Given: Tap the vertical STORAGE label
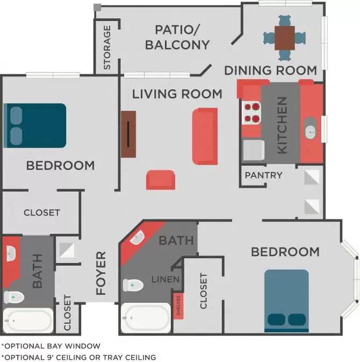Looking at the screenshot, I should [107, 47].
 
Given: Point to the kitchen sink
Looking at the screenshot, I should [311, 131].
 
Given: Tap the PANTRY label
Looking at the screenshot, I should [263, 175].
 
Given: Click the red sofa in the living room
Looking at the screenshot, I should [205, 136].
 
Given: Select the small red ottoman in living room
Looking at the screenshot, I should [160, 180].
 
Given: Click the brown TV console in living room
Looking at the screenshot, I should [128, 134].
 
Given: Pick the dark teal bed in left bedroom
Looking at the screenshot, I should [35, 125].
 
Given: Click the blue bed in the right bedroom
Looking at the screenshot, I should [286, 301].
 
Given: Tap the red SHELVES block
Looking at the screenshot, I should [177, 306].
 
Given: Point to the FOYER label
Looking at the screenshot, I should [101, 273].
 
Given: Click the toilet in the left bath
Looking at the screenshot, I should [15, 296].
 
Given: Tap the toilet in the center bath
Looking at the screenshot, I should [133, 285].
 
